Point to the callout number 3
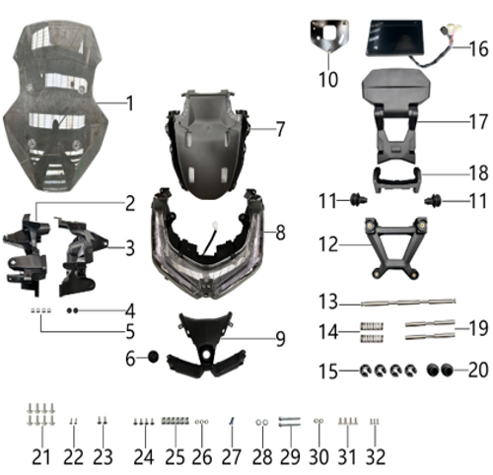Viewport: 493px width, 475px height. coord(130,247)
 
